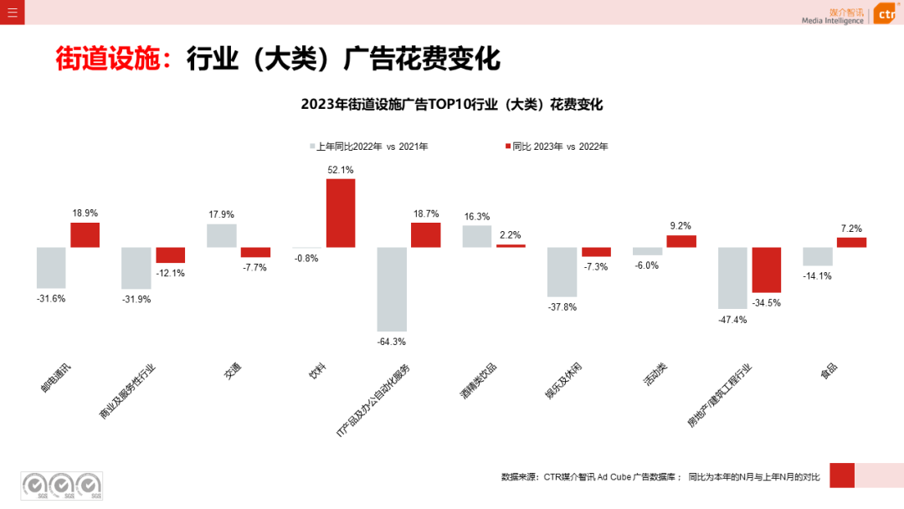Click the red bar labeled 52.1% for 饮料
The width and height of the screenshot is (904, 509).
point(341,213)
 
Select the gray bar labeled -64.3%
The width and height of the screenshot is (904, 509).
point(392,289)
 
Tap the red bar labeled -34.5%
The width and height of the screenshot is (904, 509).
point(766,270)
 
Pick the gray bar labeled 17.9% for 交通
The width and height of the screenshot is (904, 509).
point(221,235)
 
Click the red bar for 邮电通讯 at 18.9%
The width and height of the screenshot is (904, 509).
point(85,234)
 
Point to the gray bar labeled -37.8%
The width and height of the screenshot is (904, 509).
point(562,272)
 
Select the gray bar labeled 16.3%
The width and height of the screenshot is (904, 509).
point(477,236)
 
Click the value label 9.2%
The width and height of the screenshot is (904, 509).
point(681,226)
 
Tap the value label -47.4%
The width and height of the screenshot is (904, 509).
point(732,320)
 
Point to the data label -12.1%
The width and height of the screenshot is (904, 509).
point(171,273)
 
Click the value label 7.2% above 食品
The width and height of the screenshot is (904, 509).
point(851,229)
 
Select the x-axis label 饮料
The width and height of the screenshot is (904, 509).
point(316,373)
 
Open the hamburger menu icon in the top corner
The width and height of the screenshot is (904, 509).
point(12,13)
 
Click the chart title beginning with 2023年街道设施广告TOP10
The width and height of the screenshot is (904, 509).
point(451,105)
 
